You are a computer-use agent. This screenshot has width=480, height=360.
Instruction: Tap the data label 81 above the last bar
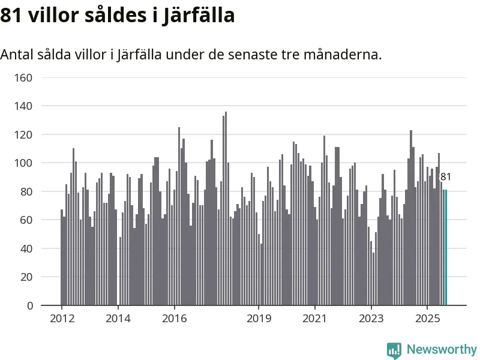pos(446,177)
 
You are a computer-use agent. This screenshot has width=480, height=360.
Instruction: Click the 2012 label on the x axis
pos(62,318)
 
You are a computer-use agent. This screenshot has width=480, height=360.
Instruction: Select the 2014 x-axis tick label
pos(118,318)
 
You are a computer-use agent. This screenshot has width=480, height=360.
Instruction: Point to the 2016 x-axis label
pos(174,318)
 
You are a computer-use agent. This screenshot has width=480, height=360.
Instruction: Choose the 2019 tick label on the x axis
pos(259,318)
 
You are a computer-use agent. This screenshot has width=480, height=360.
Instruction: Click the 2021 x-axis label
pos(315,318)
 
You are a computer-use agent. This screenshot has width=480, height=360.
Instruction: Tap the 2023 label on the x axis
pos(371,318)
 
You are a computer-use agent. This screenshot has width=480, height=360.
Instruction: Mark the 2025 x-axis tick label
pos(427,318)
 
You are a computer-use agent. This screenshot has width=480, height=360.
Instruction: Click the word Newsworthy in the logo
pos(442,349)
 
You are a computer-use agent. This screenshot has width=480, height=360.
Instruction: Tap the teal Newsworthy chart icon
pos(394,350)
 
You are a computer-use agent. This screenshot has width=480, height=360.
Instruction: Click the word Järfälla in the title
pos(199,16)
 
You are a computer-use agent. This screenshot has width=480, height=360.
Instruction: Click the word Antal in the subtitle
pos(16,55)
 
